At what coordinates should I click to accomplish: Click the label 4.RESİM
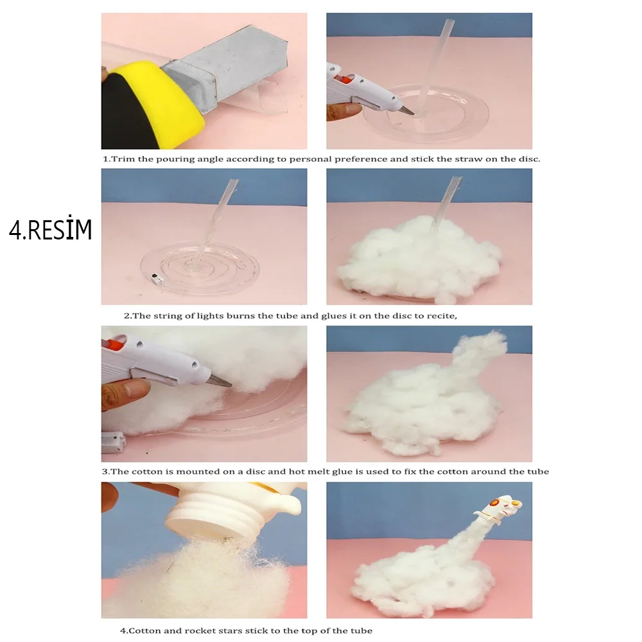click(x=50, y=229)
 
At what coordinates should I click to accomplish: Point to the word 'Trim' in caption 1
click(x=123, y=159)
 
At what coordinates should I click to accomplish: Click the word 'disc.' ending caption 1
click(x=530, y=159)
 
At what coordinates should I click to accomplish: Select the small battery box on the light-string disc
click(x=156, y=277)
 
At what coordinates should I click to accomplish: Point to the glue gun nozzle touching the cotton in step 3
click(x=219, y=381)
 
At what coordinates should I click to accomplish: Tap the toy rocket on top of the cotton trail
click(x=499, y=510)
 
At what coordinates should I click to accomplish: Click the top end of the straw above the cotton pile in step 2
click(x=456, y=178)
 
